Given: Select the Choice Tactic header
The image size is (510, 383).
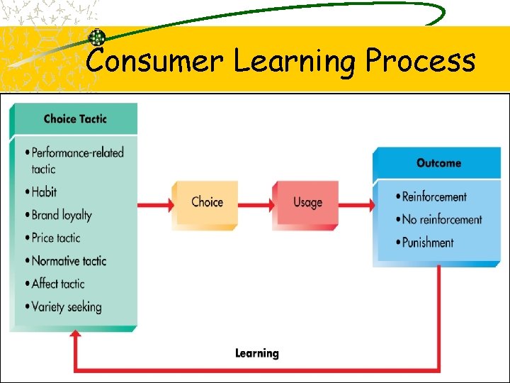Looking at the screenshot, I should point(74,118).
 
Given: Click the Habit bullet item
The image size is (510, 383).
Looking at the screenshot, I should point(44,191).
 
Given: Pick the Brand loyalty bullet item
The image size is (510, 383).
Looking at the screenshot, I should point(61,215).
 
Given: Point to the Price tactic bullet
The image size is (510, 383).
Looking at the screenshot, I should point(55,238).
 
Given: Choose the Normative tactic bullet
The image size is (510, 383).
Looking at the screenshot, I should point(68,261).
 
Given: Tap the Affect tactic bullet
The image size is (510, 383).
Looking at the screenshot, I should point(57,284).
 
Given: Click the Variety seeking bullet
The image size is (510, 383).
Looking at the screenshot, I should point(66,307).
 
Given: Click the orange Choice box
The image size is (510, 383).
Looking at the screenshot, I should point(206,202).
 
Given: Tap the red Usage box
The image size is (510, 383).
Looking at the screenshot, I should point(307,202).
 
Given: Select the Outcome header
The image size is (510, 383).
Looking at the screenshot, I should point(438,163).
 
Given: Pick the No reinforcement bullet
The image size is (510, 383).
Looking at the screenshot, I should point(441,219).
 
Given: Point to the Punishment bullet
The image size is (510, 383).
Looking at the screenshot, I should point(427,242).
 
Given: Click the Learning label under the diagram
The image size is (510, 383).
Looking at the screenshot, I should point(257,353).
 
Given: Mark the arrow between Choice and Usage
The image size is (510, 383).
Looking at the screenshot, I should point(255,204).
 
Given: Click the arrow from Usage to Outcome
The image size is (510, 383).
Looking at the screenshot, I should point(356,204).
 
